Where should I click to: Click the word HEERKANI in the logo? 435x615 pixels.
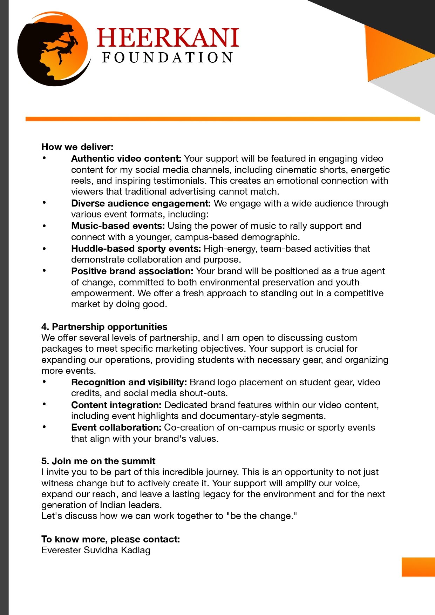168,38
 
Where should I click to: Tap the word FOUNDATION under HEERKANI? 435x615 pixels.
168,58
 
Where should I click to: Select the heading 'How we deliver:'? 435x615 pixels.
77,147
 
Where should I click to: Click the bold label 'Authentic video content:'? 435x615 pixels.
126,158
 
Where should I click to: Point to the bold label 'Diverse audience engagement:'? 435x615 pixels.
141,203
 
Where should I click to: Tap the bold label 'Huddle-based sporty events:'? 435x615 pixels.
136,249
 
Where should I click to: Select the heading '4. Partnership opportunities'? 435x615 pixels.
104,327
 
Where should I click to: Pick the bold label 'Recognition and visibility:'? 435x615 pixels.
129,382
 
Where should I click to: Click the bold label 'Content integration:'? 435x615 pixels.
116,405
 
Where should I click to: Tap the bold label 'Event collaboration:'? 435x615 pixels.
116,427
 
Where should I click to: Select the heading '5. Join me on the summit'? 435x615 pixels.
98,461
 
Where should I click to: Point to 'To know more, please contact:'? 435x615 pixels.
110,539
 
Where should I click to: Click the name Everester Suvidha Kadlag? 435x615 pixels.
96,550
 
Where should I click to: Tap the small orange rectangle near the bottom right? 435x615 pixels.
418,567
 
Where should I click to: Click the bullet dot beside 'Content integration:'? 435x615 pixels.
44,404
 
